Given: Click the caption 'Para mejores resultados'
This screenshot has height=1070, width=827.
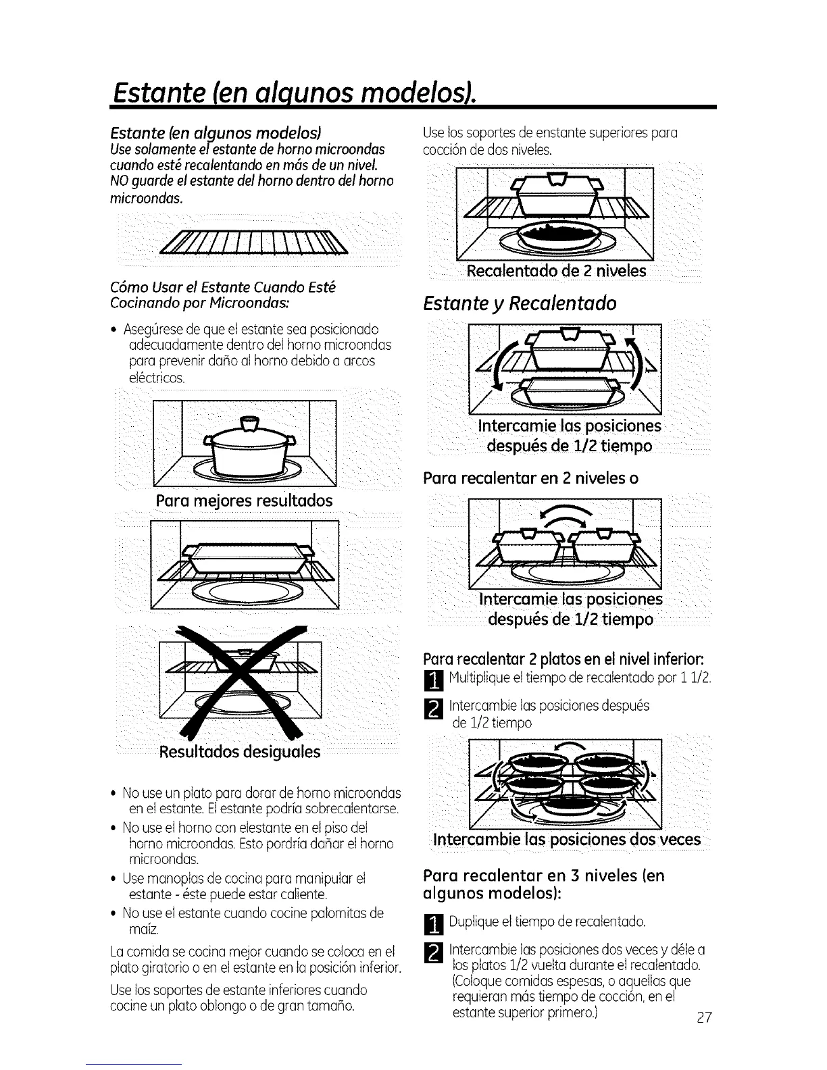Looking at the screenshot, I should (x=244, y=501).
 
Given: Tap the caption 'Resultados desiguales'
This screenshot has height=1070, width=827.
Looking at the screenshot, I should (x=239, y=752).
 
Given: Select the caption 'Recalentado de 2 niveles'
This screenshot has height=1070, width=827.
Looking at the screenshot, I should (x=557, y=271).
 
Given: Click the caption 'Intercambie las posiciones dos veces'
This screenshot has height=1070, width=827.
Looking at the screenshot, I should (x=567, y=840).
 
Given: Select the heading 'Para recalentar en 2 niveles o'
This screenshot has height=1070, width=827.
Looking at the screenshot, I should (x=530, y=478).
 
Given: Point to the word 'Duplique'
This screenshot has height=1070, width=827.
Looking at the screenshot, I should (x=472, y=921).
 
